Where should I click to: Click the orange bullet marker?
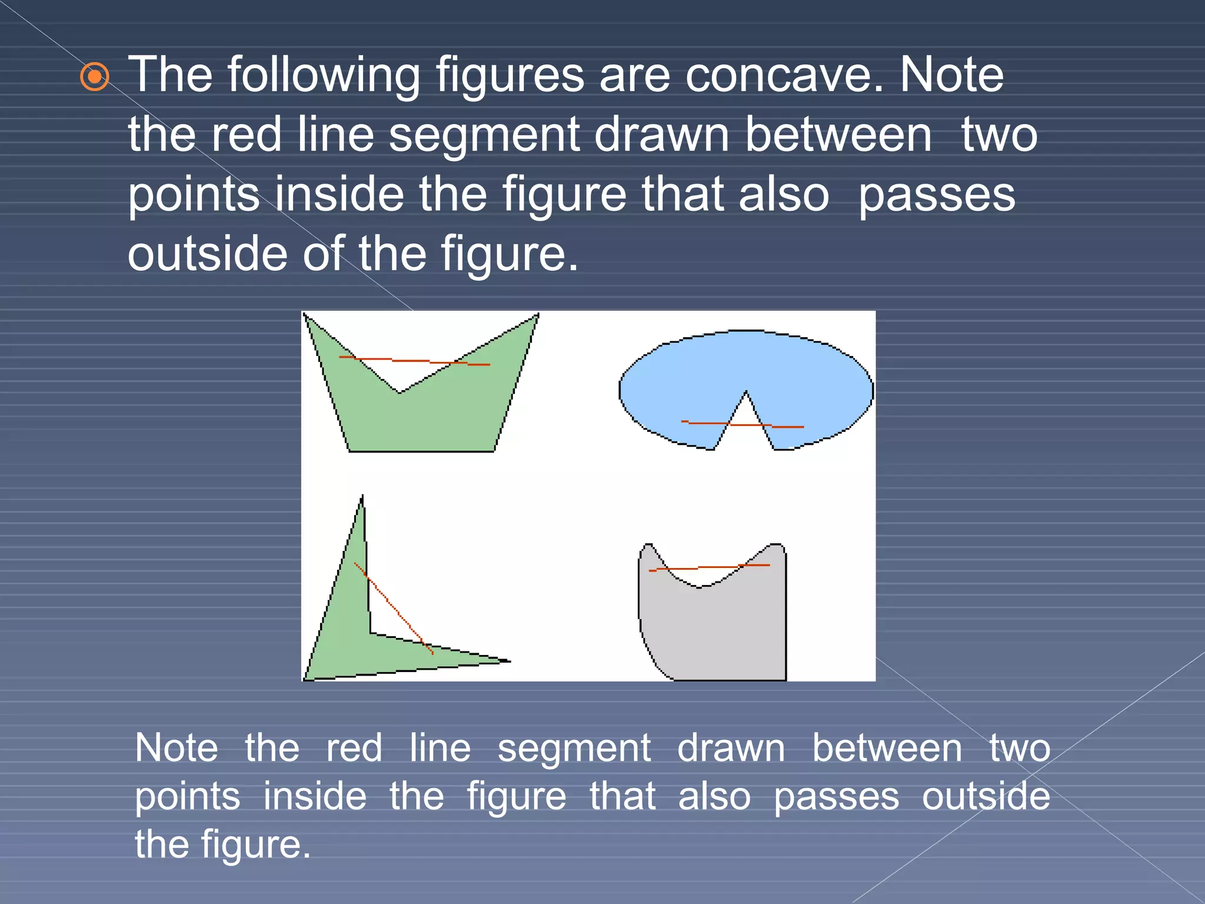tap(94, 77)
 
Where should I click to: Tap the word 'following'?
tap(324, 77)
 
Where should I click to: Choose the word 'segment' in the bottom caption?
tap(574, 749)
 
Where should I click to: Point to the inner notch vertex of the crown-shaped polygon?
tap(400, 393)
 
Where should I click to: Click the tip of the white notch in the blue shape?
tap(746, 391)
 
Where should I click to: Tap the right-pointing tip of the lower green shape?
tap(509, 661)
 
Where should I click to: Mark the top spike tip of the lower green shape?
tap(362, 496)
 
